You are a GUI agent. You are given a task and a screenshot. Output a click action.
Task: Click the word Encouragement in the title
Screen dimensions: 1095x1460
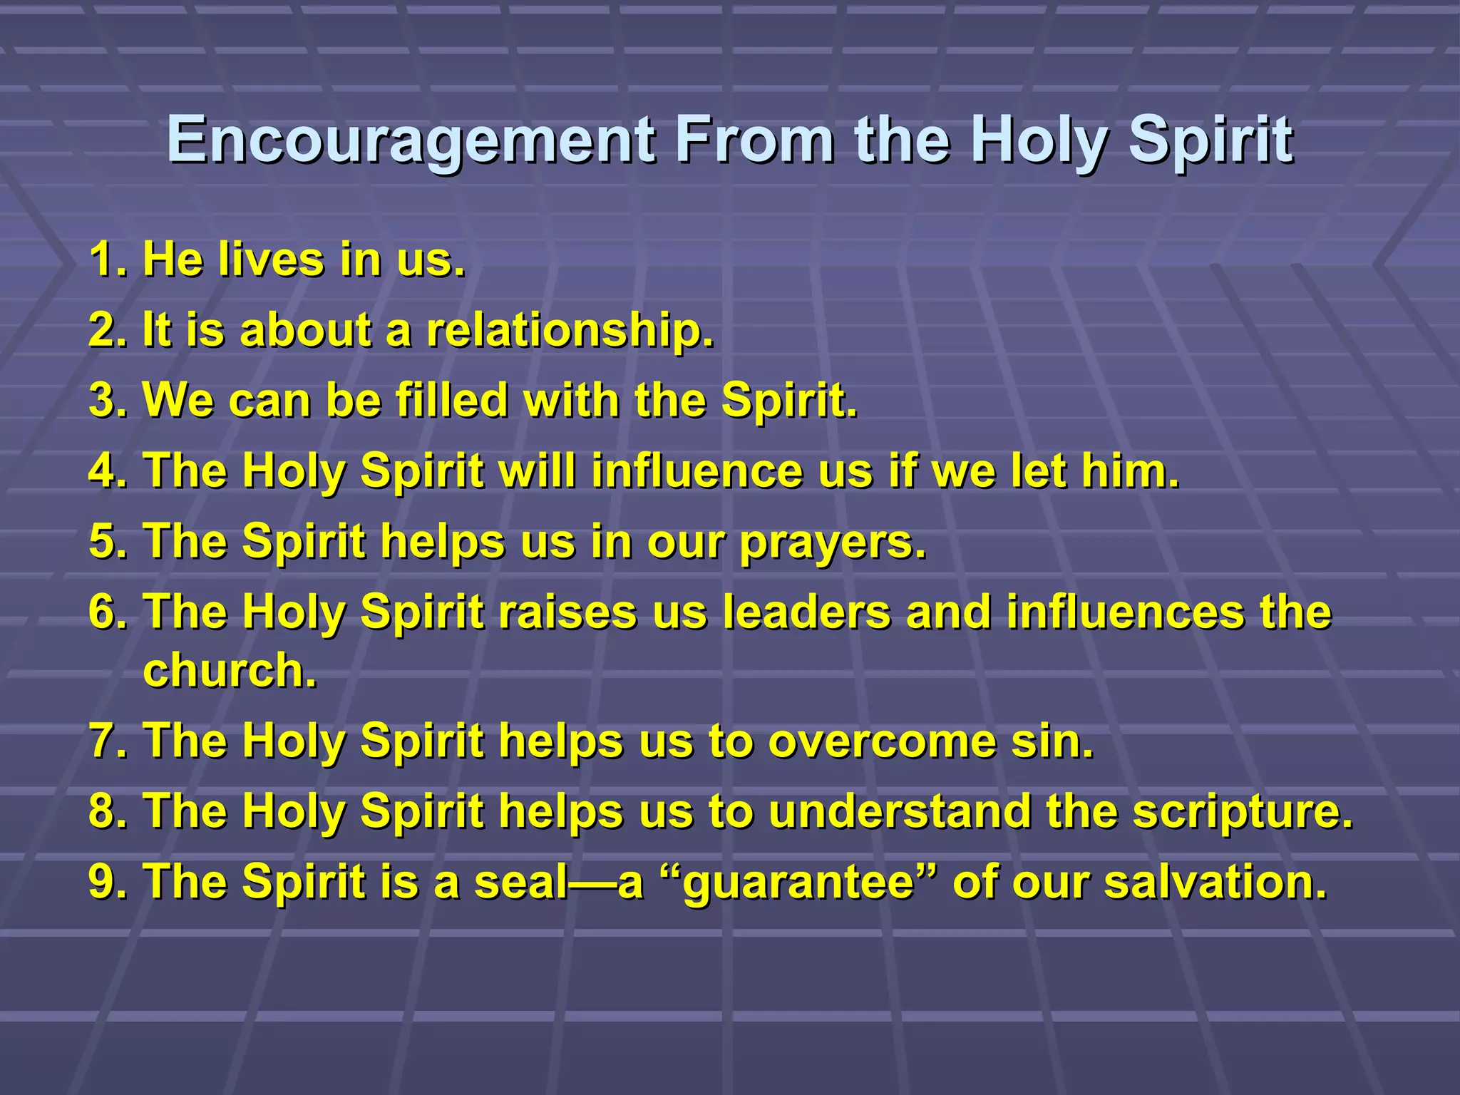[x=411, y=140]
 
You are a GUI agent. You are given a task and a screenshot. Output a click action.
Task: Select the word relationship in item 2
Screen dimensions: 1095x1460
[x=570, y=331]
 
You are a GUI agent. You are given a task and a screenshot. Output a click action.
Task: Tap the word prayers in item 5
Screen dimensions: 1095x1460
[x=833, y=542]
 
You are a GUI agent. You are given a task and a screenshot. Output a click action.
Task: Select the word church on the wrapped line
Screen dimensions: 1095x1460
[x=229, y=671]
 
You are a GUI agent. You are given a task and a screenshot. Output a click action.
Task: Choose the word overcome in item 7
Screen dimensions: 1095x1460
[x=882, y=741]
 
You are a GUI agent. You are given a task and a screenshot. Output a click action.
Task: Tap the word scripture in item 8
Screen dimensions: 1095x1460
[x=1242, y=812]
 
